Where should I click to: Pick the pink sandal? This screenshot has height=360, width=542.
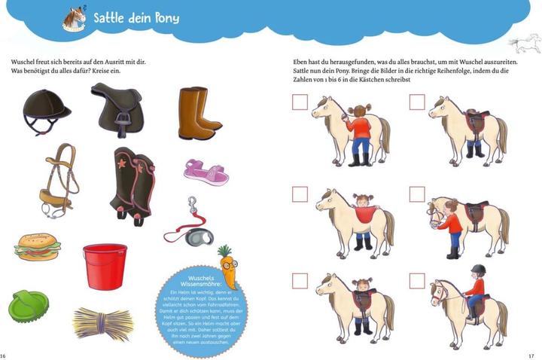coord(206,172)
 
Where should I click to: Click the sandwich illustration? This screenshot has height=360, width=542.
coord(37,246)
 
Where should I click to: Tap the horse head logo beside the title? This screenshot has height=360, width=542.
coord(74,19)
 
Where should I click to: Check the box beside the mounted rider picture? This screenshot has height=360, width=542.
coord(417,281)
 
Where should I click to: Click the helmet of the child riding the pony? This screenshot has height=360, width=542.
coord(479,270)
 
